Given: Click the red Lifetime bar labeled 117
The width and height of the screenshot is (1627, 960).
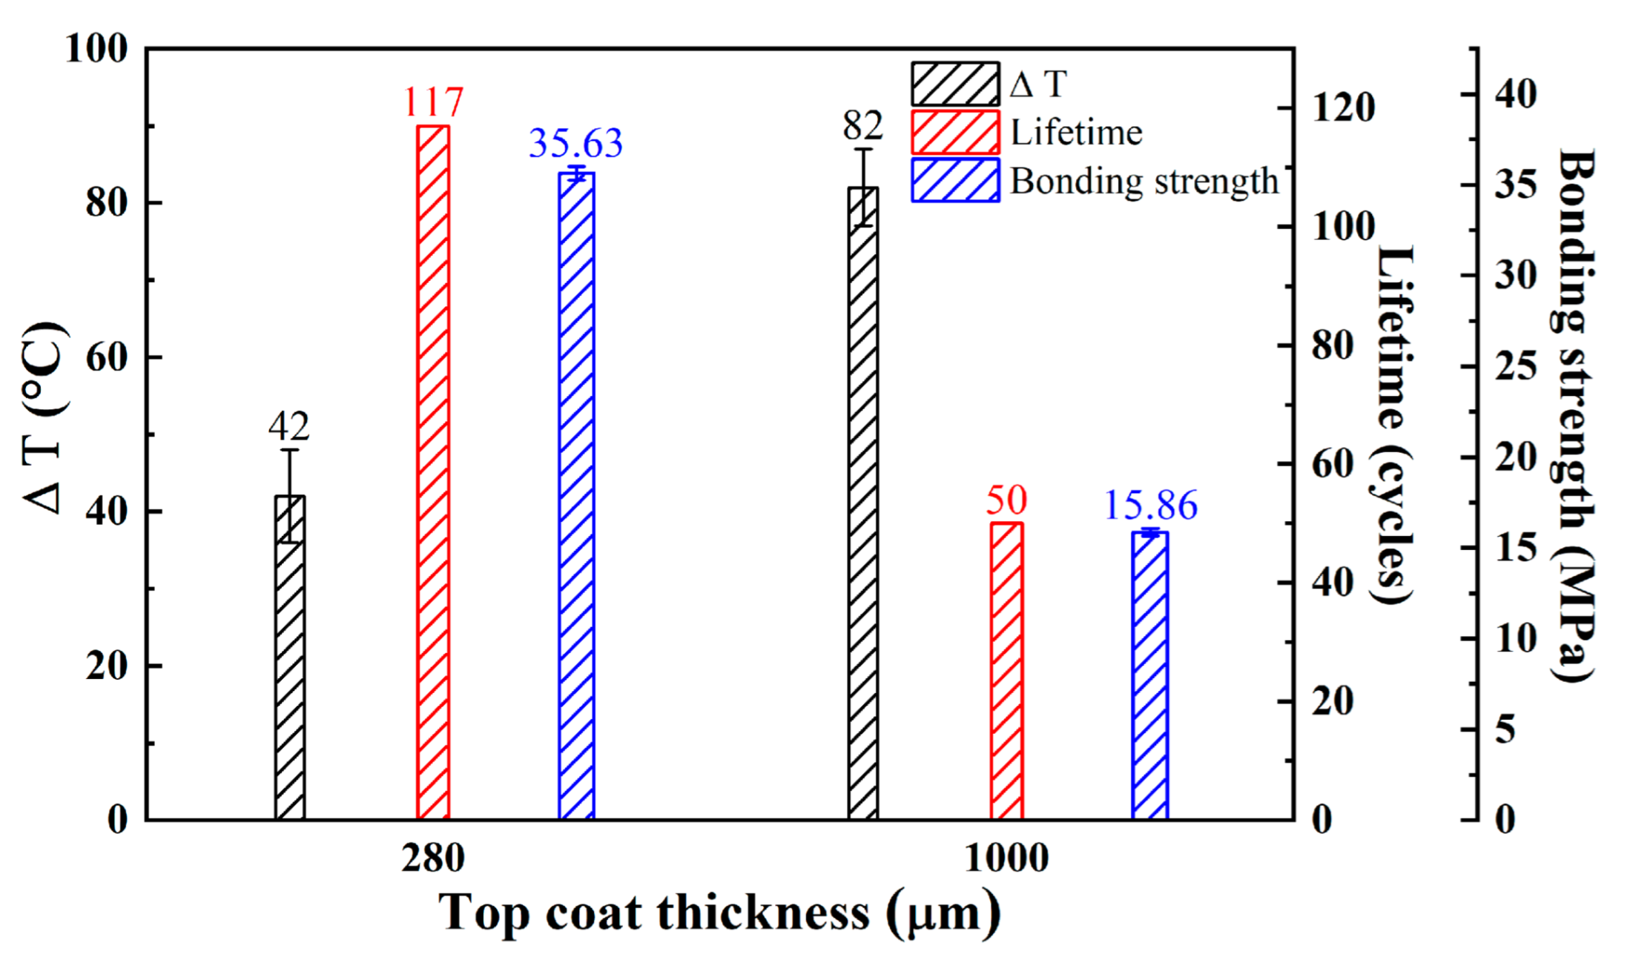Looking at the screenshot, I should [432, 474].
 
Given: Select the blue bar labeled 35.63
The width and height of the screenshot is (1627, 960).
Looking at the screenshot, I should [576, 497].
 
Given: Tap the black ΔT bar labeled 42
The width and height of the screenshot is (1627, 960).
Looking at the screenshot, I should [289, 660].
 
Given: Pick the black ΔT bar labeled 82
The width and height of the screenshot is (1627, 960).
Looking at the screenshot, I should [862, 504].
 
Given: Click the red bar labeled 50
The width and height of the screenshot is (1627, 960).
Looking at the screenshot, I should [1006, 671].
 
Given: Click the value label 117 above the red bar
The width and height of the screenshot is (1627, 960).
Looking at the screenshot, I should [433, 102].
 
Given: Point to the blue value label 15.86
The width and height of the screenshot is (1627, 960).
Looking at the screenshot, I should [1150, 506].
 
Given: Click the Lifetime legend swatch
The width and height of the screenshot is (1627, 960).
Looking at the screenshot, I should [955, 133].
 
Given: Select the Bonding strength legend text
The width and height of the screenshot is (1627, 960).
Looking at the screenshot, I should [1144, 181].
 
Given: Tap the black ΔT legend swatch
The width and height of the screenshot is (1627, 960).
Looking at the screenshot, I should [955, 84].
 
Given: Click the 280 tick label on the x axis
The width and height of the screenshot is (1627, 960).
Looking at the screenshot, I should [433, 858].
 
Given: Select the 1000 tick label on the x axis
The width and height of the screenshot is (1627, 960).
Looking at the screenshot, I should [1006, 858].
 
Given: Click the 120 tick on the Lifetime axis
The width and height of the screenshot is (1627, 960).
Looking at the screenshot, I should [1343, 107].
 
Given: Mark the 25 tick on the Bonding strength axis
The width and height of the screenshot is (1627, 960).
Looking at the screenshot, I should [1515, 366].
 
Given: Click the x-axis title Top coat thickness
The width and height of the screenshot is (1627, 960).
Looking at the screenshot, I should [719, 912].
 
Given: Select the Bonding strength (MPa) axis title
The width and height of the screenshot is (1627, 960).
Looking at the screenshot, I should [1574, 415].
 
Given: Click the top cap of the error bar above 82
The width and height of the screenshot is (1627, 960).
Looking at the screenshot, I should [862, 149].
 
